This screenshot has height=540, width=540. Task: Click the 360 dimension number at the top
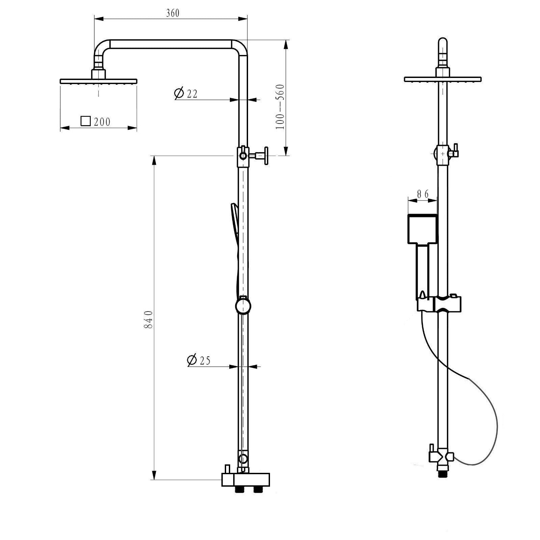(x=173, y=13)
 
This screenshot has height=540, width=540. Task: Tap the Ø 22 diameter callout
(x=186, y=93)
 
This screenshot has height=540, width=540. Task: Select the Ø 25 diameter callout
(x=199, y=360)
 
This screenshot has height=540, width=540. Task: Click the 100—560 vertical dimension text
(x=280, y=107)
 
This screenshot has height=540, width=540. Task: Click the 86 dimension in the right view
(x=422, y=194)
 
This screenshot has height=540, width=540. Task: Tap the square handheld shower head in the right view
(x=423, y=229)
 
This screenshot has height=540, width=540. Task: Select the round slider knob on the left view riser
(x=243, y=306)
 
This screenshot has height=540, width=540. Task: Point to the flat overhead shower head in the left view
(x=99, y=81)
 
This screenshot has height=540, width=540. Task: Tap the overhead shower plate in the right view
(x=442, y=79)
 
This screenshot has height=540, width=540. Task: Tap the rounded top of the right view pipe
(x=443, y=43)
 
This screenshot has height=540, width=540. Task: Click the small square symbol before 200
(x=86, y=121)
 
